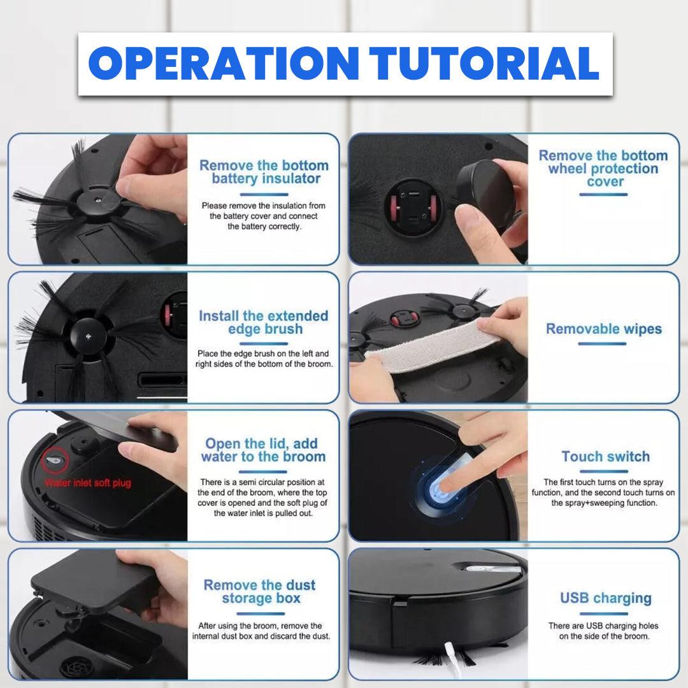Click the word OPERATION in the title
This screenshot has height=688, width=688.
(x=224, y=63)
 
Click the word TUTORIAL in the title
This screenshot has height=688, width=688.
(x=484, y=63)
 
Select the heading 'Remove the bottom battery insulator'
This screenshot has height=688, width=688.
(x=264, y=172)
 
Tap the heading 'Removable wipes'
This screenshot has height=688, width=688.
(x=604, y=329)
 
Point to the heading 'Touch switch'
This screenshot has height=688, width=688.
(x=606, y=456)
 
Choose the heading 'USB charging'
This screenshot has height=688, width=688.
(x=606, y=598)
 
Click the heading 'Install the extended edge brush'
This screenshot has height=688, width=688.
(x=264, y=322)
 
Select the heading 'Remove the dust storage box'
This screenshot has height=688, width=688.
(x=260, y=591)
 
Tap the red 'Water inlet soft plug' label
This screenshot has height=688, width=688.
(x=88, y=483)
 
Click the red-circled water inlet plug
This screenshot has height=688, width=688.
(x=55, y=461)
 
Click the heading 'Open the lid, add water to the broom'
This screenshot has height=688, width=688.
(x=263, y=450)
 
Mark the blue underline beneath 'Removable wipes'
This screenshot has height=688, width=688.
(x=602, y=344)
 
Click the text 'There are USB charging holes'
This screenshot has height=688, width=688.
(x=603, y=626)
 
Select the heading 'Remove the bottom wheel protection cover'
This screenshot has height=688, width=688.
(x=603, y=168)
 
